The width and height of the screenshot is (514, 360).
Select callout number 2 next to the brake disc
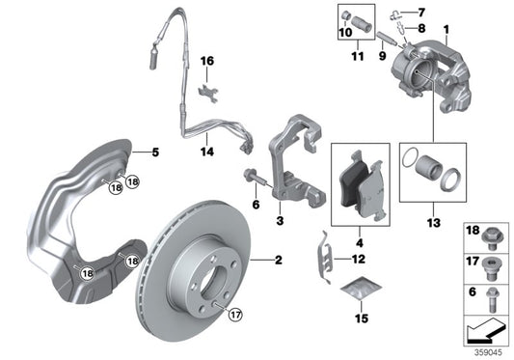pos(278,261)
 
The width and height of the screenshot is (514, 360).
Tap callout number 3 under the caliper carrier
pos(280,221)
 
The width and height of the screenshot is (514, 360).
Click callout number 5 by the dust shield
pos(152,152)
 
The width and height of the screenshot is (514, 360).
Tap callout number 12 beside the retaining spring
pos(358,259)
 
